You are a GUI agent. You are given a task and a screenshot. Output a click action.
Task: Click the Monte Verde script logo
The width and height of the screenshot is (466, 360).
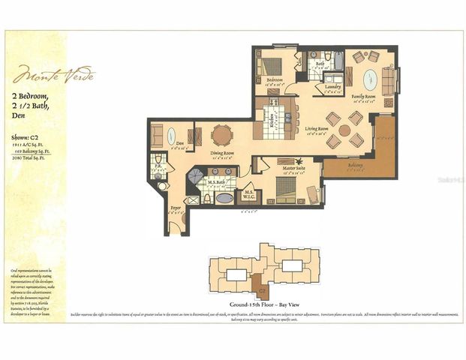(53, 76)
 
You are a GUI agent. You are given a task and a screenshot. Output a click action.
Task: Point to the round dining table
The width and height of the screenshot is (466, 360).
(221, 135)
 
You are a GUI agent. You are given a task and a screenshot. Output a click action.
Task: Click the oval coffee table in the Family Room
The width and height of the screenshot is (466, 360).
(371, 79)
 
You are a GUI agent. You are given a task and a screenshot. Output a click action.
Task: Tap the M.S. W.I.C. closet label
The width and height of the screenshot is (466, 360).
(250, 195)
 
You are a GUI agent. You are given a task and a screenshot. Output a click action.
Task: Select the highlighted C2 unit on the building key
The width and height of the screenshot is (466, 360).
(262, 286)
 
